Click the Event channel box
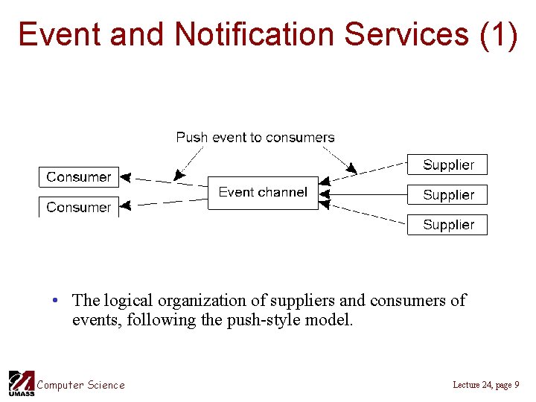[x=262, y=193]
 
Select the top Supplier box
[x=447, y=165]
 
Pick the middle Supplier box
[x=447, y=195]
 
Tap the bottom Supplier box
[x=447, y=225]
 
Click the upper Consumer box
[x=79, y=177]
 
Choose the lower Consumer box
[x=79, y=207]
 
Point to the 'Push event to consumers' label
[x=255, y=137]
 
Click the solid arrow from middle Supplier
[x=365, y=195]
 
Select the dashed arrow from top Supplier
[x=368, y=170]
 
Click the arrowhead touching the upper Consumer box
[x=125, y=178]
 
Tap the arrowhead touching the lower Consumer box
[x=125, y=205]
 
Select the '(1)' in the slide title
[x=499, y=34]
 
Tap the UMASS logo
[x=21, y=383]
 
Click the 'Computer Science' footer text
[x=81, y=385]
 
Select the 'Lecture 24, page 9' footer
[x=485, y=385]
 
